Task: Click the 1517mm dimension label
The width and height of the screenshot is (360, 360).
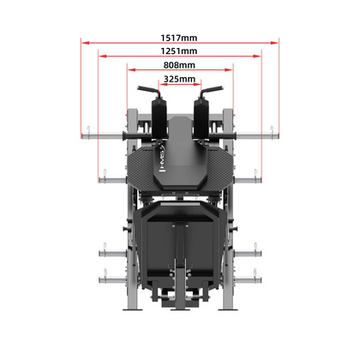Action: [178, 38]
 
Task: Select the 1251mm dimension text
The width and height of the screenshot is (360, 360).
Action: [178, 51]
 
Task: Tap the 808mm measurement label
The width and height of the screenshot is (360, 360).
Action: [179, 65]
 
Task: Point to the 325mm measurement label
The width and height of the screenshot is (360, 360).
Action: [179, 79]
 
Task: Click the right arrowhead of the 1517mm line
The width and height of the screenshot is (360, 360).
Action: [277, 40]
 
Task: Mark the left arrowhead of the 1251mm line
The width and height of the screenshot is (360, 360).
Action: [100, 54]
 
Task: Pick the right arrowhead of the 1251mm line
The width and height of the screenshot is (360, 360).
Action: [261, 54]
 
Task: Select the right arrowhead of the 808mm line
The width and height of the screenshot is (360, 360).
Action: [231, 68]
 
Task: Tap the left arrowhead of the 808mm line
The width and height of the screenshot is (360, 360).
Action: [129, 68]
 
